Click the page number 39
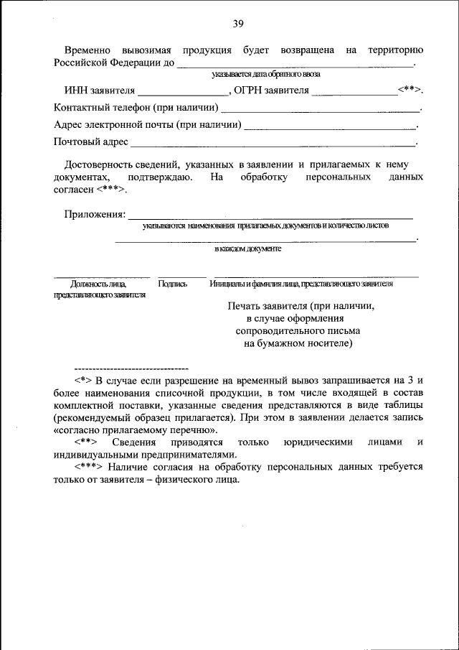pos(238,24)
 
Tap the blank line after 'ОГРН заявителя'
pos(354,94)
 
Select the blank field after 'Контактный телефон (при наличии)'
pos(320,111)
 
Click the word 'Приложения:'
pos(94,214)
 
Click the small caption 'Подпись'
pos(173,284)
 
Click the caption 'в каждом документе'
pos(248,249)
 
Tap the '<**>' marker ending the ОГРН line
pos(410,91)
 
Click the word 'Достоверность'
pos(103,164)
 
